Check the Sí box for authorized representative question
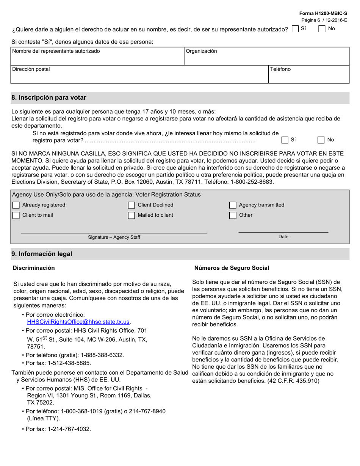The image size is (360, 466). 296,29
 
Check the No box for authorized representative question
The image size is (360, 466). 322,29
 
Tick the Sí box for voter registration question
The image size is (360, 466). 285,140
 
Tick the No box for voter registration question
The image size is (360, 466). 321,140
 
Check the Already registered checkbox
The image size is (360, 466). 16,205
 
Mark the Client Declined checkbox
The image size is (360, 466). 131,205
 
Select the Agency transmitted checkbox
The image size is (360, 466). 233,205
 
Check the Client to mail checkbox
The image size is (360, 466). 16,216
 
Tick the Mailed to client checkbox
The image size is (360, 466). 131,216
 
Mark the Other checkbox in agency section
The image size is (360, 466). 233,216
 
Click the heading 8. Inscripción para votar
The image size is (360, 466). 49,98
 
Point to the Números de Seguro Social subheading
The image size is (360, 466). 232,268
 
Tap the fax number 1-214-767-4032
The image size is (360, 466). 69,429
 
